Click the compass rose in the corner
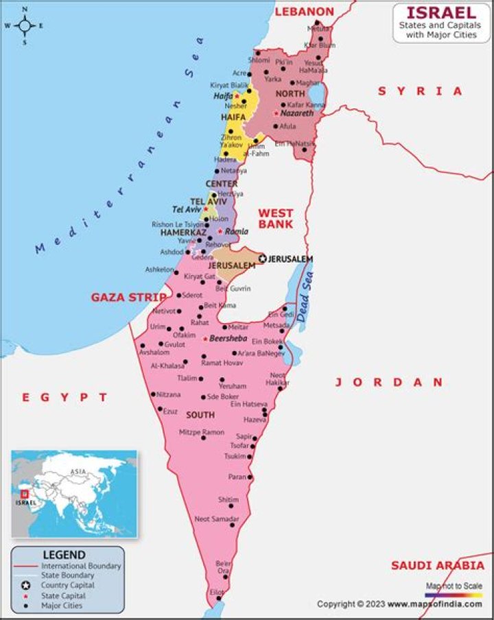25,26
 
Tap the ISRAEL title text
441,12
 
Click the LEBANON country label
304,12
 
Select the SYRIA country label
420,91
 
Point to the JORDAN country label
389,382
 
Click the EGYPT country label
64,397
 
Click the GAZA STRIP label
128,297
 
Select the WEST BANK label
275,219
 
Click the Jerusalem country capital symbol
262,259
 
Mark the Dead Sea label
306,296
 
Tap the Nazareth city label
296,113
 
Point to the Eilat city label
217,592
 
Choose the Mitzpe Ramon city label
201,432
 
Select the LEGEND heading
64,555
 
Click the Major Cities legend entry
62,606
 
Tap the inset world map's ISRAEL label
25,502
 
